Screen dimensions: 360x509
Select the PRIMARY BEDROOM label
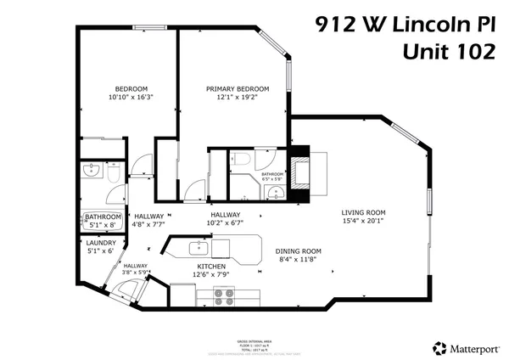point(238,88)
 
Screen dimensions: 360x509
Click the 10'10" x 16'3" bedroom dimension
point(131,98)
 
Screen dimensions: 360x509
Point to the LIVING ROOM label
point(364,212)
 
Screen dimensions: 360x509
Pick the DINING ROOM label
point(298,250)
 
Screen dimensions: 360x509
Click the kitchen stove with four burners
point(224,296)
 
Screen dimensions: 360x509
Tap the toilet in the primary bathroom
point(241,159)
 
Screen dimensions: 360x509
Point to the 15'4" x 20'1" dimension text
point(364,221)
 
